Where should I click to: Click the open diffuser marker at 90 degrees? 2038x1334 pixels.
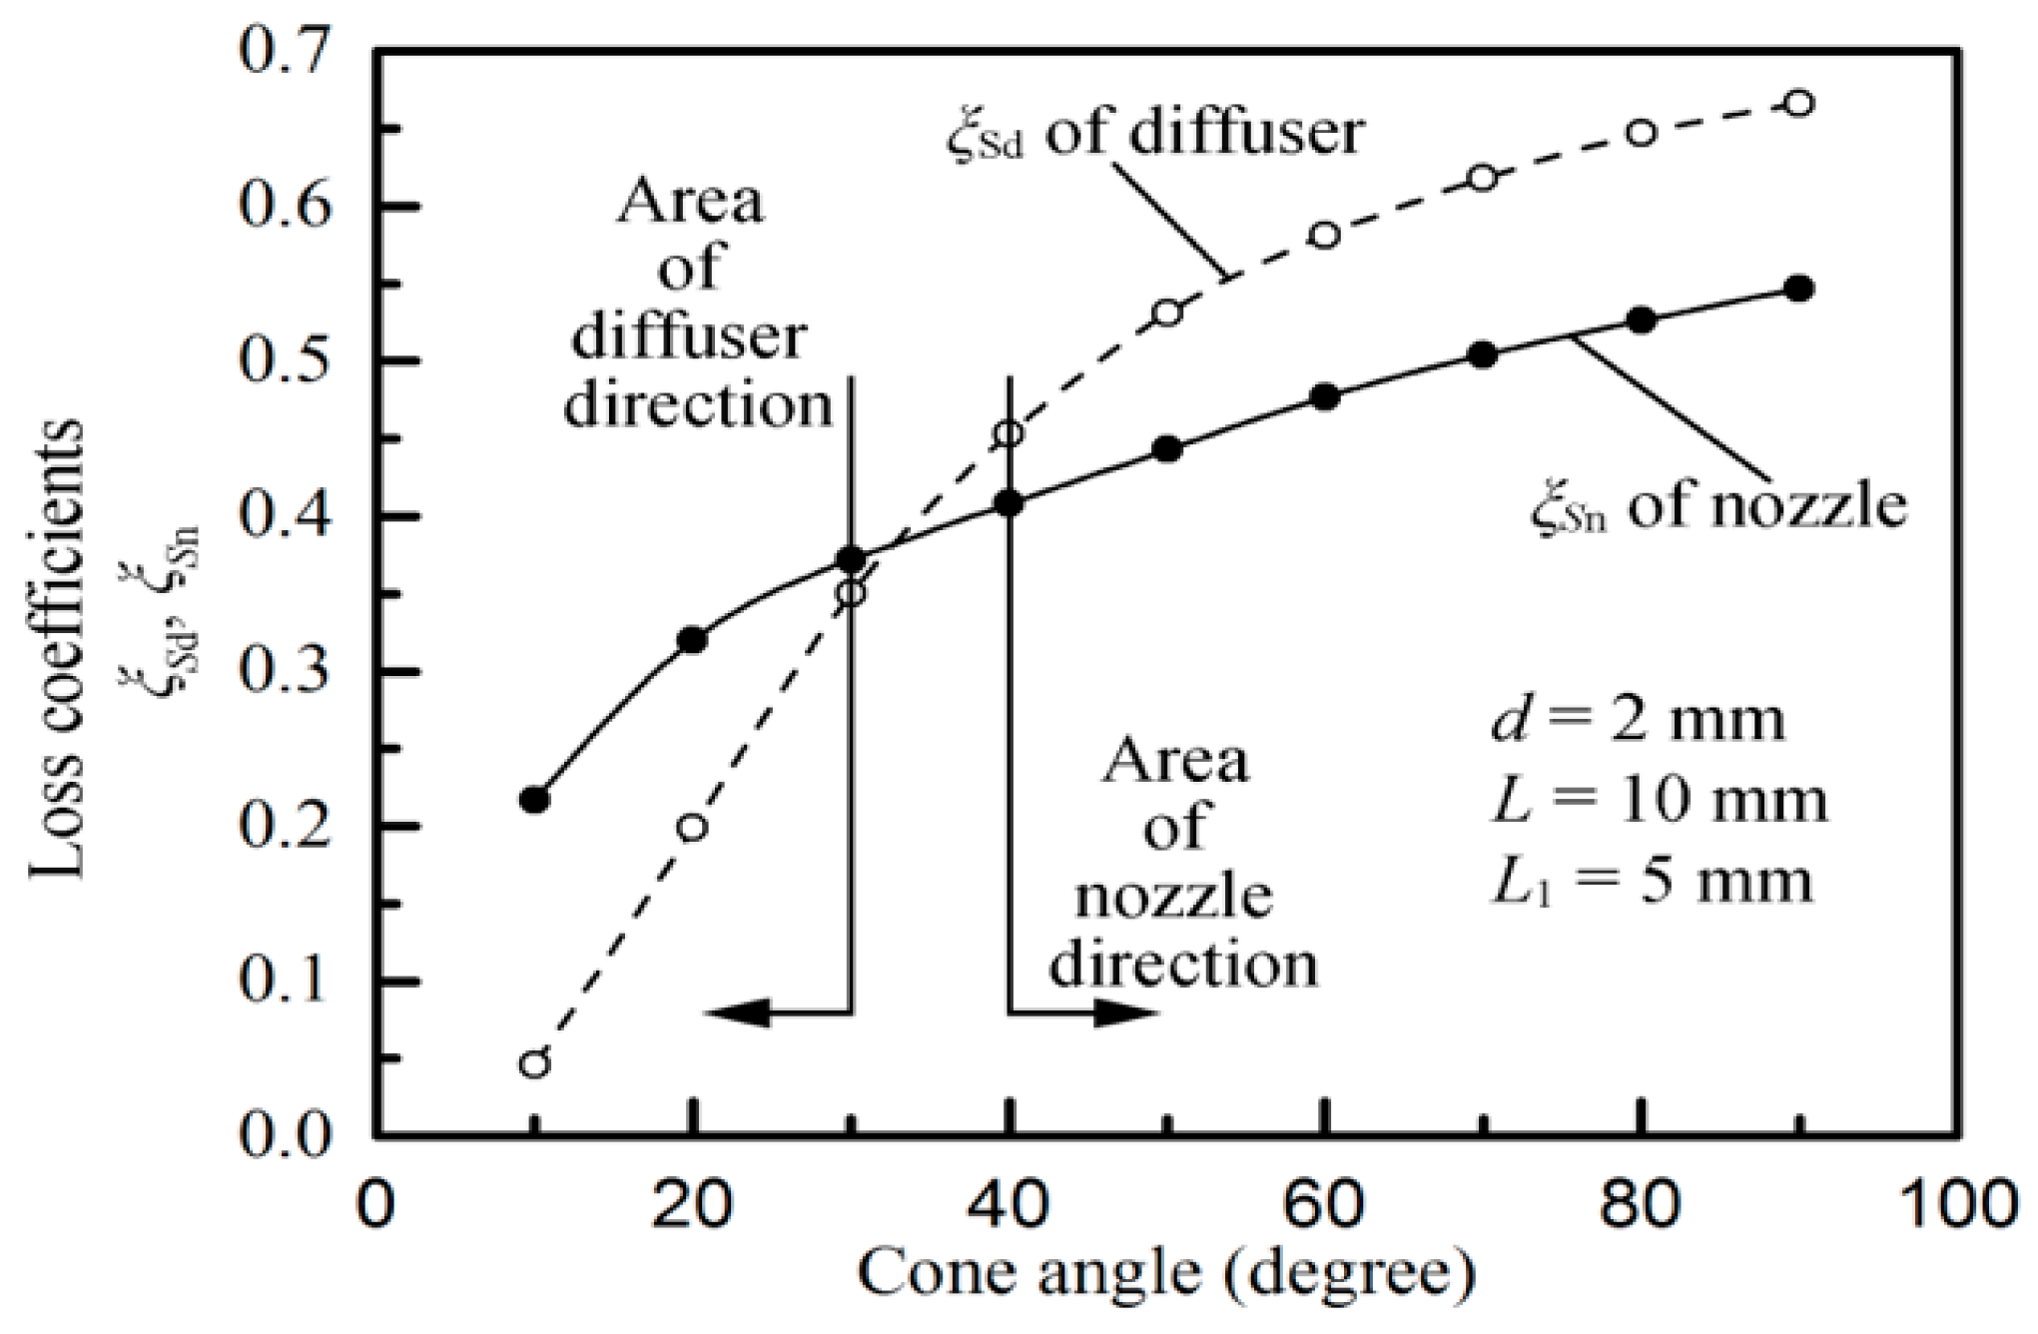1798,104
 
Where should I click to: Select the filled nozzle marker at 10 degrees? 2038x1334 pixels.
535,800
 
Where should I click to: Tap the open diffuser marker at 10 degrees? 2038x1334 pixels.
535,1063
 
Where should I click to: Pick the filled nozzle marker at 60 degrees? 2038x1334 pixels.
1325,396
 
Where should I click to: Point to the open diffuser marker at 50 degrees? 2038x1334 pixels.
1167,313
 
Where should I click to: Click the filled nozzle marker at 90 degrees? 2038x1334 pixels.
1798,289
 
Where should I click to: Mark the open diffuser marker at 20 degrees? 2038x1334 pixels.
692,827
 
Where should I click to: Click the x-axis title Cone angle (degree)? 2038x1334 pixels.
1165,1275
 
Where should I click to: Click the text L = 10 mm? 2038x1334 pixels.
1658,801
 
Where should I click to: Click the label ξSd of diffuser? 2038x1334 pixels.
1153,133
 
